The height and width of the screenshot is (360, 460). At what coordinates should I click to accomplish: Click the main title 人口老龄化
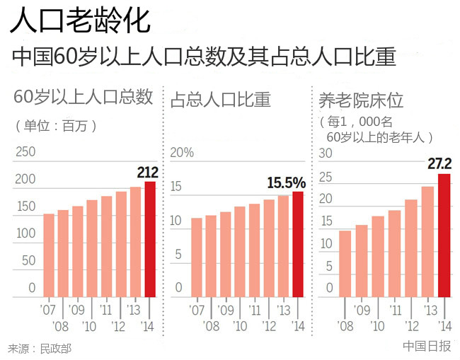[x=80, y=21]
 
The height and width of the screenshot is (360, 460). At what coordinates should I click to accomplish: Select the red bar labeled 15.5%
[x=298, y=244]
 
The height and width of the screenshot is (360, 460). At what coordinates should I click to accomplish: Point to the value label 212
[x=147, y=172]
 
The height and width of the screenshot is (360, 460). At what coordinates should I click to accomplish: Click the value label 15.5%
[x=286, y=182]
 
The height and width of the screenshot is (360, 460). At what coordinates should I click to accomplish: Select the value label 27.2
[x=439, y=164]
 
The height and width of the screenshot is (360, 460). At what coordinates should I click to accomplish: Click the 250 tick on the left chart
[x=25, y=152]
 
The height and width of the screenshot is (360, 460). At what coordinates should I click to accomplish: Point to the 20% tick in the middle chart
[x=182, y=152]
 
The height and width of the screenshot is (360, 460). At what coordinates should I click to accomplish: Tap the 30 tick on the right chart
[x=326, y=153]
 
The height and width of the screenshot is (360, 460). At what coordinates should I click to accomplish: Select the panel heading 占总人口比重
[x=220, y=100]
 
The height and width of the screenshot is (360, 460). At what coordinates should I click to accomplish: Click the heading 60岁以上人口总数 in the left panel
[x=84, y=98]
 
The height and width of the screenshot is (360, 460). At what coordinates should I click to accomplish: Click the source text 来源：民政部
[x=40, y=348]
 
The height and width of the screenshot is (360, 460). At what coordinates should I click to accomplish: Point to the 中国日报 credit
[x=427, y=346]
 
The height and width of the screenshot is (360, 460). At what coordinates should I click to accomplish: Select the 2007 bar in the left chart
[x=49, y=255]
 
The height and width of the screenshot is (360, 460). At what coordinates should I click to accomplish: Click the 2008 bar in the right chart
[x=345, y=263]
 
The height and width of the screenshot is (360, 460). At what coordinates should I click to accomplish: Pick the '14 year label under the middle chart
[x=298, y=326]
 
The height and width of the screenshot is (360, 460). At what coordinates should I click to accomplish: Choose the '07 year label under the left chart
[x=48, y=310]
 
